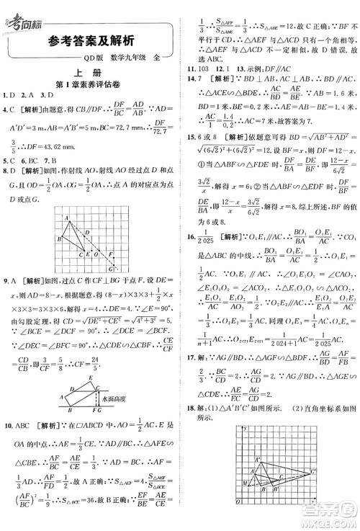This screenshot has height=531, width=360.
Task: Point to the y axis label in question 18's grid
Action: (246, 430)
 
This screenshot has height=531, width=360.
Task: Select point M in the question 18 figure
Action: (246, 483)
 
